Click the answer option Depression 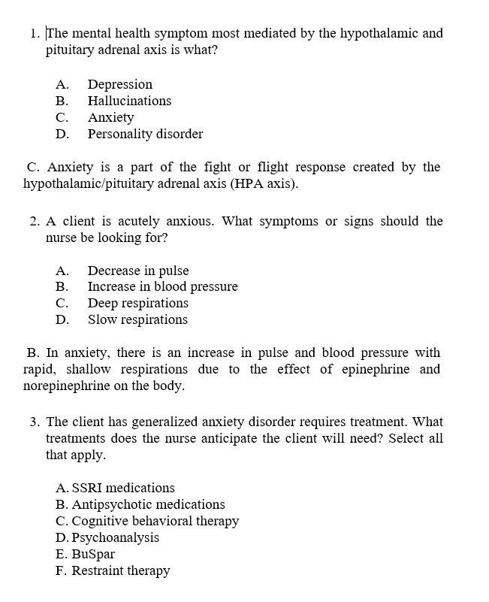click(x=119, y=84)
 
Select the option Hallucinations click(x=129, y=101)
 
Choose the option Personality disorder click(x=145, y=134)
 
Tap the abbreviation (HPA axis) click(x=264, y=183)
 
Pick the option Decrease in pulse click(x=137, y=271)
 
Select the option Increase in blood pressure click(x=162, y=286)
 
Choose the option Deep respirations click(x=137, y=303)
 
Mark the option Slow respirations click(x=137, y=319)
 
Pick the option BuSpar click(x=92, y=554)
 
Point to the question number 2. click(x=35, y=221)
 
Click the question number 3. click(x=35, y=422)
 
